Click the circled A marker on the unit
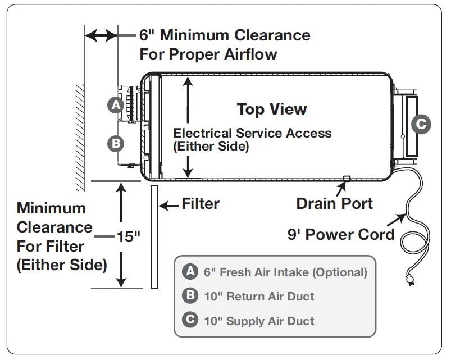click(116, 105)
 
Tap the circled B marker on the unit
click(116, 143)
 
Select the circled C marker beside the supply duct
click(421, 124)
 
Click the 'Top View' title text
click(272, 110)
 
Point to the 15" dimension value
click(128, 237)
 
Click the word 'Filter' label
click(201, 204)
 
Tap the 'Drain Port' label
click(335, 203)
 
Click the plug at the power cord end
click(409, 280)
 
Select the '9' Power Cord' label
click(341, 234)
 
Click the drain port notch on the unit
click(347, 178)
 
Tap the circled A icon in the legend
click(190, 271)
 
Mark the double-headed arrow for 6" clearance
click(101, 35)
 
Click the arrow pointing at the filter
click(168, 206)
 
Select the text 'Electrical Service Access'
click(252, 133)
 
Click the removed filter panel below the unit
click(155, 237)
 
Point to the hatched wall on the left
click(80, 138)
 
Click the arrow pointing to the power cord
click(396, 220)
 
